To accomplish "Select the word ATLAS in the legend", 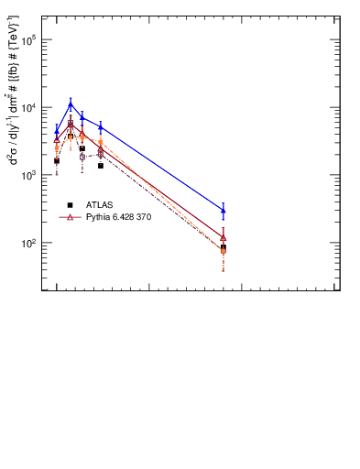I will (100, 204).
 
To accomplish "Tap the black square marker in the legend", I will (71, 204).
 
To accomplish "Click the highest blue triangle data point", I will (71, 104).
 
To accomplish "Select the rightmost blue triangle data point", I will (224, 211).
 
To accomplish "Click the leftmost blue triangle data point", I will (57, 131).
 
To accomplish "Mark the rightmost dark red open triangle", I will (224, 237).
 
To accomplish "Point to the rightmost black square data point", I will (224, 247).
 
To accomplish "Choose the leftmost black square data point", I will (57, 160).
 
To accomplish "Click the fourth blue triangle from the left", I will (101, 127).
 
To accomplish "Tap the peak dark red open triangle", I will (71, 124).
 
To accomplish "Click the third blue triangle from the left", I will (82, 117).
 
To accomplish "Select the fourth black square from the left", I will (101, 166).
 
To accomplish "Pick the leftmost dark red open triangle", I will (57, 139).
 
